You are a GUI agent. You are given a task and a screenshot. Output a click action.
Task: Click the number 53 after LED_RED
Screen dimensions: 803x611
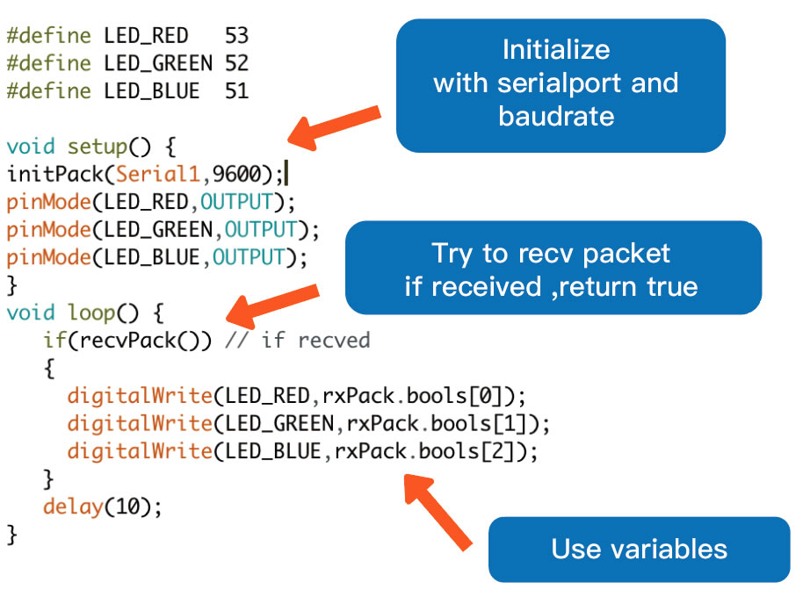coord(236,36)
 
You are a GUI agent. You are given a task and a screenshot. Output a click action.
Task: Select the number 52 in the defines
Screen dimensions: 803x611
coord(236,63)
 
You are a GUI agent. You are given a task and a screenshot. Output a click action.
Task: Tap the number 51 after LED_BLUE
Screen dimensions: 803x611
coord(236,91)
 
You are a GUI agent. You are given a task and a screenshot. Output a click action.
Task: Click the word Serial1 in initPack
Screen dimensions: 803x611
coord(158,174)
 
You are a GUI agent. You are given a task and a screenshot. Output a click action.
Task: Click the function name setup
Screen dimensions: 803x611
coord(98,147)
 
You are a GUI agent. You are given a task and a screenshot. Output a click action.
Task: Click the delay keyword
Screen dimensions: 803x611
coord(73,507)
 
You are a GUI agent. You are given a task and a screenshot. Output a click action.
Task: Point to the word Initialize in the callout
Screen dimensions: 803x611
coord(556,50)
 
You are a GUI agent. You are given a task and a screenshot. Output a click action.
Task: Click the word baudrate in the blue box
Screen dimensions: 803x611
coord(556,116)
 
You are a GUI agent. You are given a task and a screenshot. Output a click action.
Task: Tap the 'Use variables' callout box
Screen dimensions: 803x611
coord(639,549)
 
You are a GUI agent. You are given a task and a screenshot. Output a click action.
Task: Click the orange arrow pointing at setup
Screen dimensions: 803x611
coord(335,128)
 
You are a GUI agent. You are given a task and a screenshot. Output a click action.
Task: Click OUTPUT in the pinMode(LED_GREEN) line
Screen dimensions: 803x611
coord(261,229)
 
